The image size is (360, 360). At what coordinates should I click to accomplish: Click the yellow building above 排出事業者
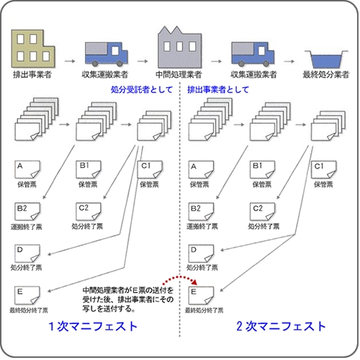[x=33, y=49]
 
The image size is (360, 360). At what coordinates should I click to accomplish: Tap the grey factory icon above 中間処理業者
[x=179, y=48]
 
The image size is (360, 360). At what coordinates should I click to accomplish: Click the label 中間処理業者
[x=179, y=75]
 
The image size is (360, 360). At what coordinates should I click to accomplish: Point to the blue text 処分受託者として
[x=142, y=89]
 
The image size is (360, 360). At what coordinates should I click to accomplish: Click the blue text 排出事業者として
[x=218, y=89]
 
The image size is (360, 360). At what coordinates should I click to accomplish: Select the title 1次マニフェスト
[x=93, y=326]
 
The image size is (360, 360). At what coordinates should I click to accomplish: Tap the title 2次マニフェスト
[x=281, y=326]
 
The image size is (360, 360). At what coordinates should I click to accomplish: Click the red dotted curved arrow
[x=179, y=277]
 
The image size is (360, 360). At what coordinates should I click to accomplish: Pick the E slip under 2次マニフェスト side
[x=201, y=295]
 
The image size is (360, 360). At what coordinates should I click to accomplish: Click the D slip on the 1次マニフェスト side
[x=27, y=253]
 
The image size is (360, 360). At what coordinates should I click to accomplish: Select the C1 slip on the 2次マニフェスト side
[x=324, y=170]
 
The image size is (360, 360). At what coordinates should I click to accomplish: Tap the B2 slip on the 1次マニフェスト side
[x=27, y=212]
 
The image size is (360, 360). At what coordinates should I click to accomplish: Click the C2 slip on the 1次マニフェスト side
[x=89, y=212]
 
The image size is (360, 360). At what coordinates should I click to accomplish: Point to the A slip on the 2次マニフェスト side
[x=201, y=170]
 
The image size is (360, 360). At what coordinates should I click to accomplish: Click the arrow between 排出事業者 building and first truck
[x=70, y=61]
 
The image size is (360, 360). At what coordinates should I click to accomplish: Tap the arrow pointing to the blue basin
[x=289, y=61]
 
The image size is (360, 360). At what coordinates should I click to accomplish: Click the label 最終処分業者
[x=325, y=75]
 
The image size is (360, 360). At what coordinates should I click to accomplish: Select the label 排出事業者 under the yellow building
[x=32, y=75]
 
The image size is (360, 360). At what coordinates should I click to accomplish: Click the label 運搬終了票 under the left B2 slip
[x=27, y=227]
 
